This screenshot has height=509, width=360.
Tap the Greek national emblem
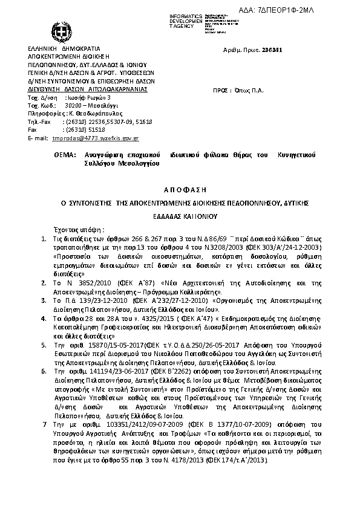pos(62,30)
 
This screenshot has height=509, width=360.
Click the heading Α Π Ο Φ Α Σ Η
pos(180,189)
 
